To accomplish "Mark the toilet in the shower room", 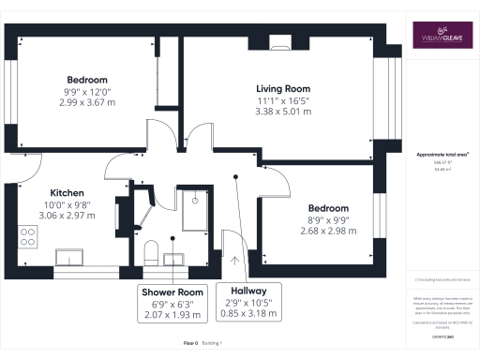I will coord(150,250).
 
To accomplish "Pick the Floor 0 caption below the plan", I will coord(190,344).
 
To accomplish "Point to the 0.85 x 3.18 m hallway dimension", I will coord(248,314).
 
